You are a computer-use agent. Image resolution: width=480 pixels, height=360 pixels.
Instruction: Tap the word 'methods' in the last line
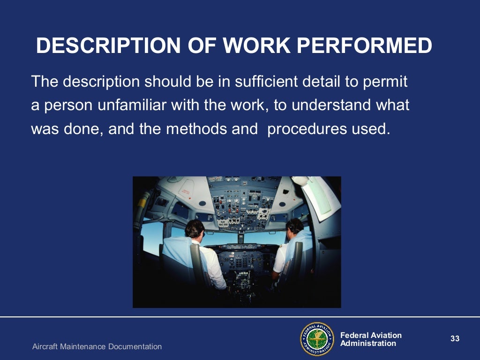click(194, 128)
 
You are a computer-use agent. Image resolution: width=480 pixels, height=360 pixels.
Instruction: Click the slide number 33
click(455, 339)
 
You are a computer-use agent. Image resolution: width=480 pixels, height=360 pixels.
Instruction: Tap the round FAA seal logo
click(317, 339)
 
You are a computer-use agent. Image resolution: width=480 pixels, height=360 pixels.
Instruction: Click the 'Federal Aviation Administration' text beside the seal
click(370, 339)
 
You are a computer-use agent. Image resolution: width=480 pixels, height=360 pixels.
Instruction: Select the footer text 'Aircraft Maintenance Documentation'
click(97, 347)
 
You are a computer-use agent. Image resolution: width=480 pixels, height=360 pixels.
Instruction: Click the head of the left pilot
click(194, 229)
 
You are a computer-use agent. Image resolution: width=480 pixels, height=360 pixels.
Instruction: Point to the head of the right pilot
click(294, 227)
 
